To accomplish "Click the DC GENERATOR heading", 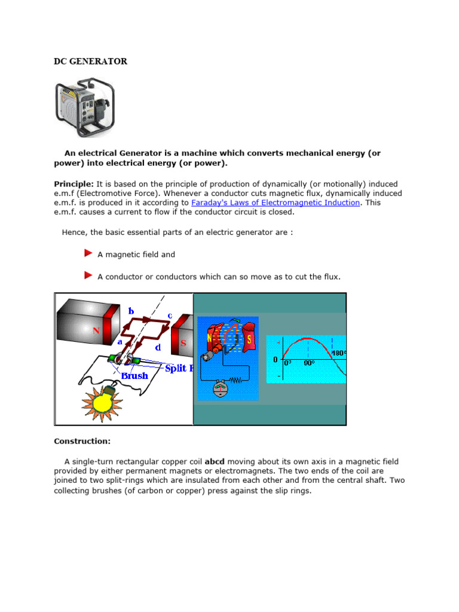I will [90, 62].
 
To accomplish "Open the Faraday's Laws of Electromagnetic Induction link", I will [276, 203].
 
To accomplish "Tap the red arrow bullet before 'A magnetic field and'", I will [88, 254].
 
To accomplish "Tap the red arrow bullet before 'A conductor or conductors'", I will [88, 276].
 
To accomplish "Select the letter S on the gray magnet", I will [183, 343].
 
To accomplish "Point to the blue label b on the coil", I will [131, 311].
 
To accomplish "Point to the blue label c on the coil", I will [170, 315].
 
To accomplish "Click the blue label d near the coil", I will [157, 347].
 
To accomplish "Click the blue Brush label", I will [134, 376].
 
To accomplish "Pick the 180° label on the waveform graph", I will [338, 353].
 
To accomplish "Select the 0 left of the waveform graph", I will [275, 360].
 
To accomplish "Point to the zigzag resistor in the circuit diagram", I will [238, 380].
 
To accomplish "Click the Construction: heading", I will [82, 441].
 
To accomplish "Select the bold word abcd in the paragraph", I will [215, 461].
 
